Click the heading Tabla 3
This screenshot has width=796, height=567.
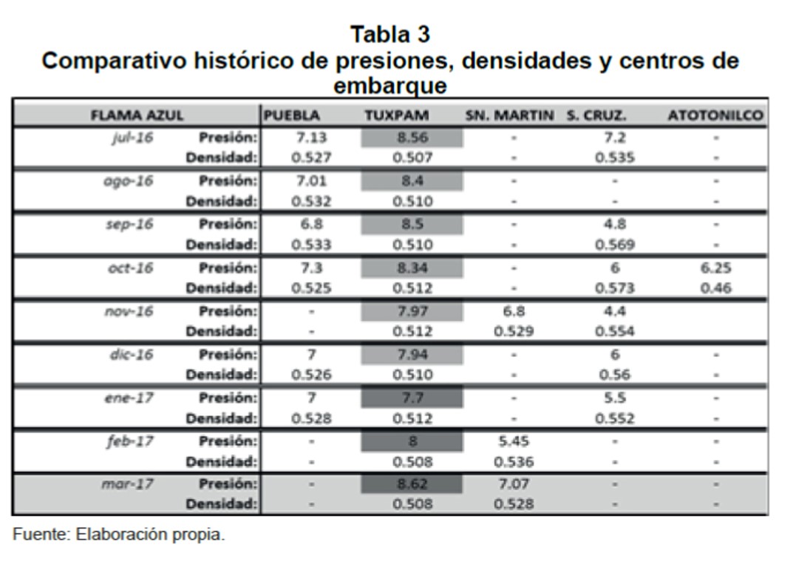tap(390, 34)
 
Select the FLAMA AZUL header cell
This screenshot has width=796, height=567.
tap(137, 115)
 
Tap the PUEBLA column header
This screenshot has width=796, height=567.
tap(292, 115)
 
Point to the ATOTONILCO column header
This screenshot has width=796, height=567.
tap(715, 115)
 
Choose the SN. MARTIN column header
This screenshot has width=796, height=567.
tap(510, 115)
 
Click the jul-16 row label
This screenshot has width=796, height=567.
tap(132, 137)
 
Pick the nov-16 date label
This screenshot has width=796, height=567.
tap(129, 310)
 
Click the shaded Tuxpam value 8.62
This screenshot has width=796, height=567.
tap(412, 484)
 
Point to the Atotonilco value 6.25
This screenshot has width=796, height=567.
tap(715, 268)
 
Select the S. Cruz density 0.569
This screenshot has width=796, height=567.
tap(614, 245)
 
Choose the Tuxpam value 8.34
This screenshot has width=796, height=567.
tap(412, 268)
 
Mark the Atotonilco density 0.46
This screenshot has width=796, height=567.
tap(715, 288)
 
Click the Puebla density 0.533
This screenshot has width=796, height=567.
tap(311, 245)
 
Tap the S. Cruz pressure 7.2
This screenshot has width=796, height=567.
tap(614, 137)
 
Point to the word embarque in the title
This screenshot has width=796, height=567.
tap(390, 86)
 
